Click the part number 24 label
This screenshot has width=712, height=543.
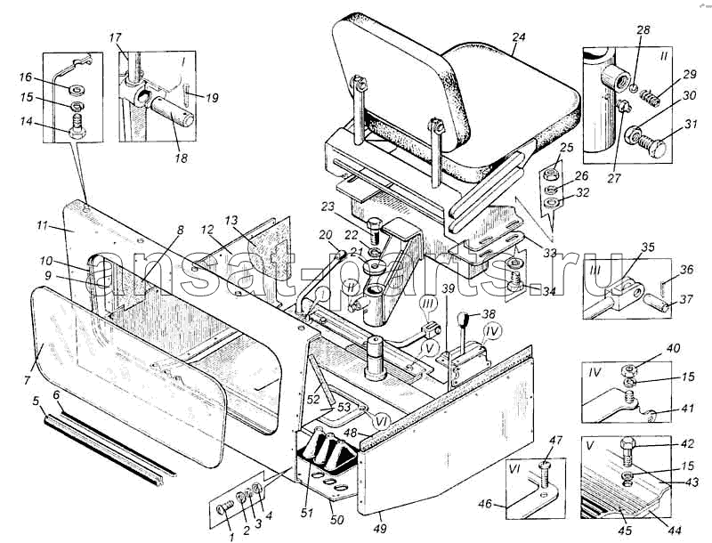click(x=518, y=37)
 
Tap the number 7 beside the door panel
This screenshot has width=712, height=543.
click(x=28, y=379)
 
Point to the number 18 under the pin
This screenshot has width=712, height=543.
click(x=181, y=158)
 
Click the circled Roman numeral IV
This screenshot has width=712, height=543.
click(x=492, y=332)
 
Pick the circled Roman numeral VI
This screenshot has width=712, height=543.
click(x=383, y=421)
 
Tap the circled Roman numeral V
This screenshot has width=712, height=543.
click(x=430, y=349)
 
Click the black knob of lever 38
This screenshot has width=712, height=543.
click(x=463, y=320)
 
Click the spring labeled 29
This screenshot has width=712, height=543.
click(x=650, y=98)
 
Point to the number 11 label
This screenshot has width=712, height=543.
click(x=42, y=225)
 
